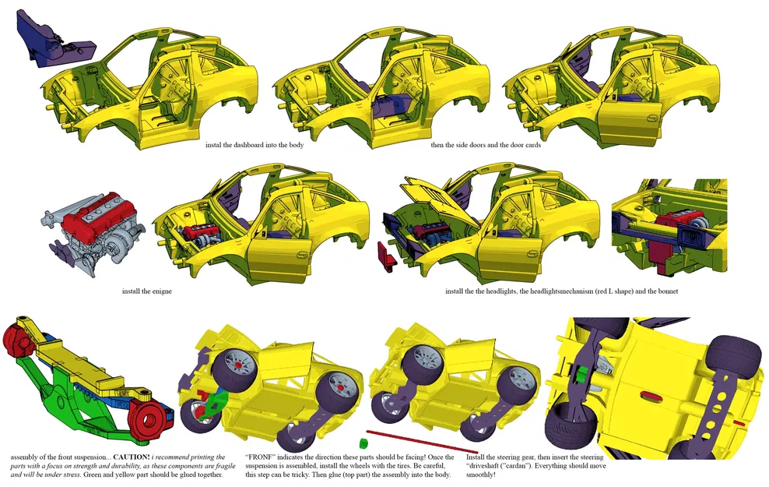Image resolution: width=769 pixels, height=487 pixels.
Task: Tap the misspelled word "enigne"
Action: [159, 291]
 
